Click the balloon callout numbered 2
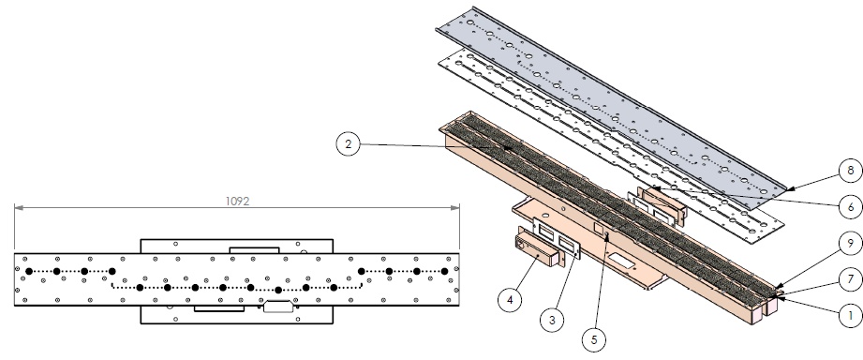pos(348,144)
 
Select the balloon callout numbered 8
pos(851,171)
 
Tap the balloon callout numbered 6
pos(851,207)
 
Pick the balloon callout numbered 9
pos(851,244)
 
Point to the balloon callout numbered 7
pos(851,279)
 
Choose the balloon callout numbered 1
pos(851,316)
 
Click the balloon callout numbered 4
pos(510,300)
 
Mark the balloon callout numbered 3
pos(552,320)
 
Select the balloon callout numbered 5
pos(594,339)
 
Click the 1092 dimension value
pos(237,202)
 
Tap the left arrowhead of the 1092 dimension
pos(19,207)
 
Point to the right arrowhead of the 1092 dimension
pos(455,207)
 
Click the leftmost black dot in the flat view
pos(29,271)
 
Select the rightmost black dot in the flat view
pos(445,271)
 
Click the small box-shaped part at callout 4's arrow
pos(537,250)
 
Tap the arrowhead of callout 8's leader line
pos(789,189)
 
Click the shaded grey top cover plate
pos(611,105)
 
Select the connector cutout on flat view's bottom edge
pos(277,306)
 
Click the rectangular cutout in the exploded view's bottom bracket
pos(621,261)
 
